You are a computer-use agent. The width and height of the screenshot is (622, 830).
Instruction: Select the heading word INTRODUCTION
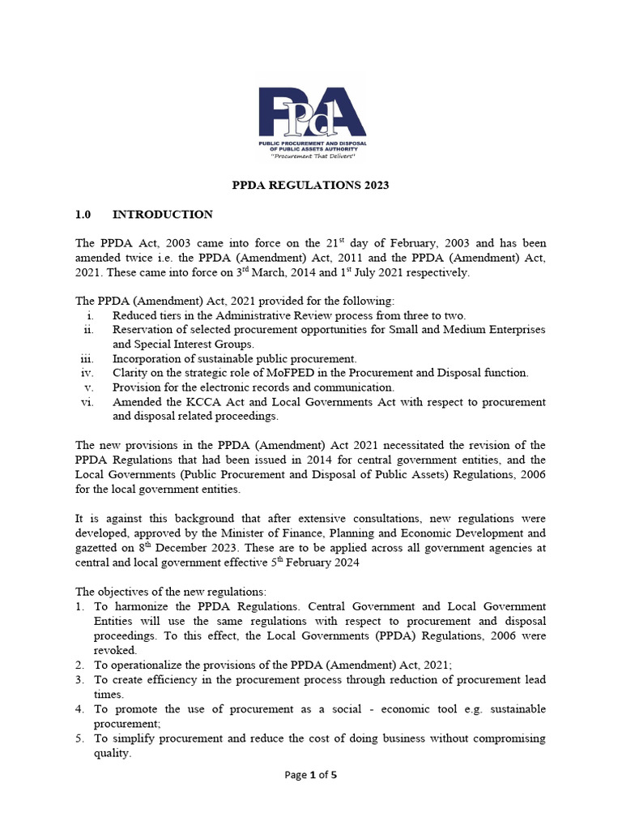pos(162,215)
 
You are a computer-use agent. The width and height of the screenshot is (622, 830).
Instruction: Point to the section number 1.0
pos(84,215)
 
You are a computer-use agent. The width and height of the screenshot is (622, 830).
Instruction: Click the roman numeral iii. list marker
pos(88,358)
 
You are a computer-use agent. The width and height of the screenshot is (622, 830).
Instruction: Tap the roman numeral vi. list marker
pos(89,402)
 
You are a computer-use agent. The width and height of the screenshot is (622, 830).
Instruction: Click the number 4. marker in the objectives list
pos(81,708)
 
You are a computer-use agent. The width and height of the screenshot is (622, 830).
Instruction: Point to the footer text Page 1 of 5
pos(311,775)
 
